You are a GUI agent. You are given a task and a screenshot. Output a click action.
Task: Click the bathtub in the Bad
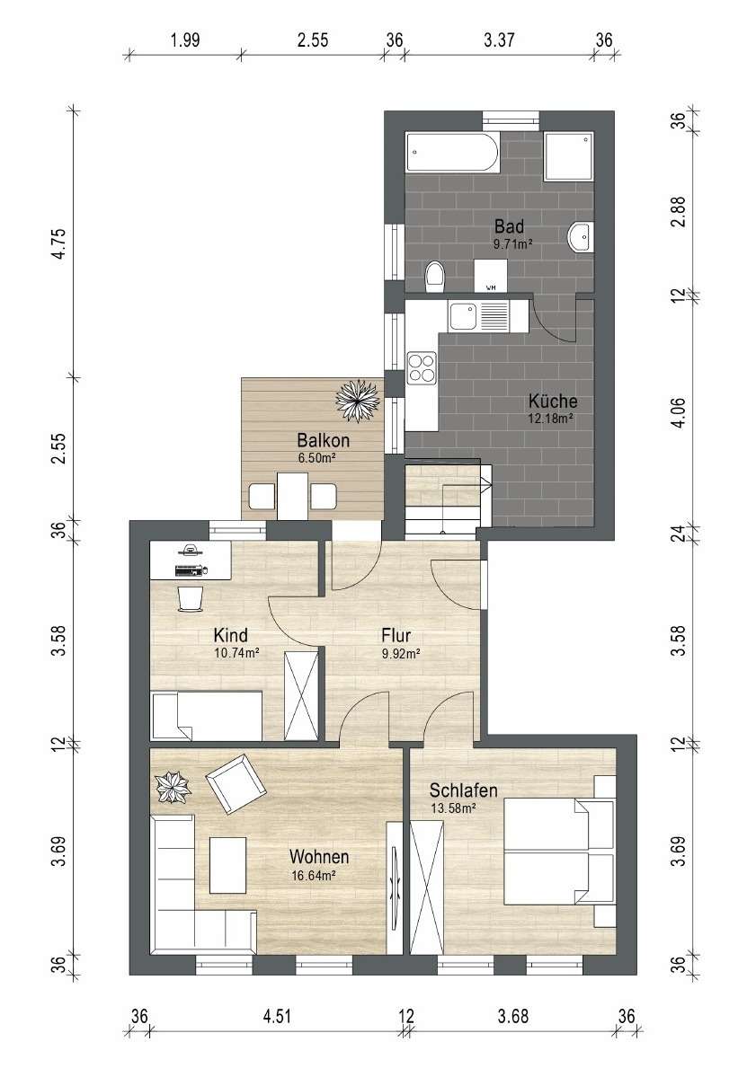click(451, 152)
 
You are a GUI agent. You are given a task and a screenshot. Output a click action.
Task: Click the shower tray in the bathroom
click(568, 156)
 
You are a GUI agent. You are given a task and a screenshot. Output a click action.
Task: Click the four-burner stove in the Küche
click(422, 366)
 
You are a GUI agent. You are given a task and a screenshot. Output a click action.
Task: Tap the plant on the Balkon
click(358, 402)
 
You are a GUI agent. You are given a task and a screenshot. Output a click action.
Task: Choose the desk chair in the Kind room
click(191, 597)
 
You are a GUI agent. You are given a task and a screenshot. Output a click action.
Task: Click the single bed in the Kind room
click(206, 716)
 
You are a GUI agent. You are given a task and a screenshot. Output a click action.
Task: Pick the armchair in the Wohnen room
click(236, 783)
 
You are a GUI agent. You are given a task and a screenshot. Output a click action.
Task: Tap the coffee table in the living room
click(228, 865)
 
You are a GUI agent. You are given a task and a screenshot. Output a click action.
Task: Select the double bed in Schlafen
click(559, 851)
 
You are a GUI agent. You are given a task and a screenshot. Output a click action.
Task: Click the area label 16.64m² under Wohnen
click(314, 876)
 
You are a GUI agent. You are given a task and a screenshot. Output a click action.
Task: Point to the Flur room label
click(396, 635)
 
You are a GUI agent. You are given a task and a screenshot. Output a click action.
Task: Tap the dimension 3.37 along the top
click(499, 40)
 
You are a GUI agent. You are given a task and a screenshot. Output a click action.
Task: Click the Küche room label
click(553, 401)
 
